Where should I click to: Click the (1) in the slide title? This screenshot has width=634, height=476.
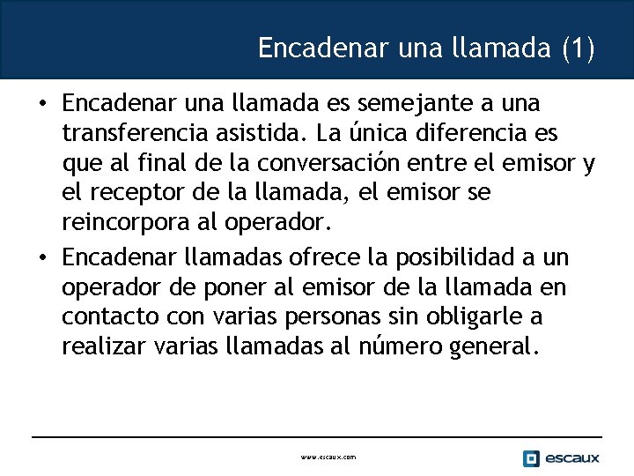click(x=578, y=48)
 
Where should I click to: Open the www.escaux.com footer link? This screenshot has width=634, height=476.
click(x=328, y=457)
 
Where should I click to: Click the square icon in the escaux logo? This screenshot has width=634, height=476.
click(x=531, y=458)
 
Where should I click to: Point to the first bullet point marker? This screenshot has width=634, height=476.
click(x=42, y=104)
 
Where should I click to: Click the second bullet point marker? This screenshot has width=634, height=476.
click(x=42, y=258)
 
